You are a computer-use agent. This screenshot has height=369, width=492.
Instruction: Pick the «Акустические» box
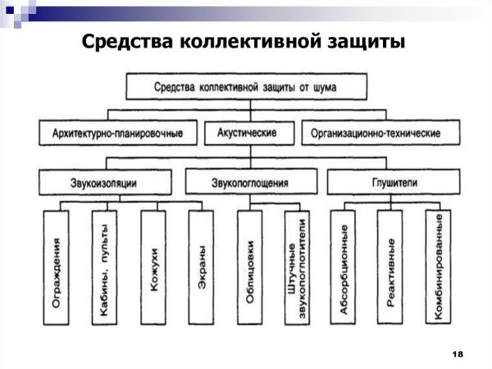click(x=246, y=132)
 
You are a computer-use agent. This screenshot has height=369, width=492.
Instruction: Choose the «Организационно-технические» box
click(x=371, y=132)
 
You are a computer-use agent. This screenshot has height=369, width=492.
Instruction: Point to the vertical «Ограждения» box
click(x=57, y=268)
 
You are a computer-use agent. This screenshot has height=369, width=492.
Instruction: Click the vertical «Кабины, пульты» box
click(x=104, y=268)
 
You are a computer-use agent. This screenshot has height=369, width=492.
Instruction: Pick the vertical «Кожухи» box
click(x=153, y=268)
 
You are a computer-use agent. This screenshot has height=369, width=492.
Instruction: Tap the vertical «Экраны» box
click(x=202, y=268)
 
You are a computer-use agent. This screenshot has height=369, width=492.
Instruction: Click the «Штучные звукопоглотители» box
click(x=298, y=268)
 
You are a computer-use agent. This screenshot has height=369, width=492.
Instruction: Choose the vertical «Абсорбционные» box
click(x=344, y=268)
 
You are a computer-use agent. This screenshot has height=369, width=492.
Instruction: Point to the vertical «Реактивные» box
click(x=392, y=268)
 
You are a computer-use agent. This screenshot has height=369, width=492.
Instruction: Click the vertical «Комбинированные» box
click(x=440, y=268)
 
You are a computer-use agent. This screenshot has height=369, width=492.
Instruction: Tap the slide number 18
click(x=458, y=353)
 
